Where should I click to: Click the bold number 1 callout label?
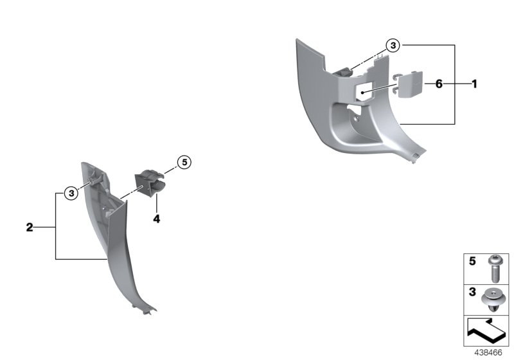click(474, 84)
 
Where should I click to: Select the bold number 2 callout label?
click(30, 227)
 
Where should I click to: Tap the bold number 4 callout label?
click(156, 219)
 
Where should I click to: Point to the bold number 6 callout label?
click(439, 84)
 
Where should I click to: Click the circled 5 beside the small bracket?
click(183, 163)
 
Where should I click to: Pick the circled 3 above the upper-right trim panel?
click(393, 45)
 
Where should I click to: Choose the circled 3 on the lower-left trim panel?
click(72, 192)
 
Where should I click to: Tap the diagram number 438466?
click(490, 353)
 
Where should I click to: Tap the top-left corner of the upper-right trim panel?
click(297, 41)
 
